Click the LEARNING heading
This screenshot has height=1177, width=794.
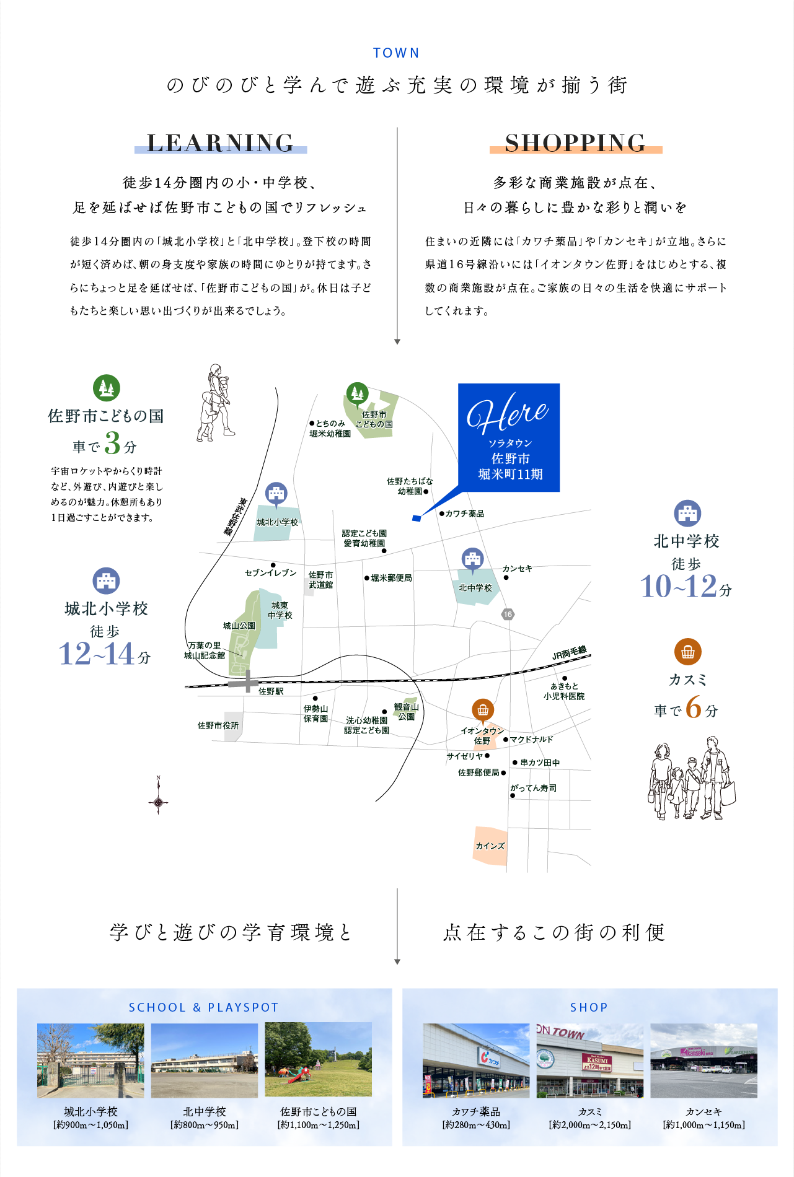pyautogui.click(x=221, y=143)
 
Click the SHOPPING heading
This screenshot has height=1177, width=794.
pyautogui.click(x=575, y=143)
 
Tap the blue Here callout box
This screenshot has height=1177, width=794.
pyautogui.click(x=509, y=437)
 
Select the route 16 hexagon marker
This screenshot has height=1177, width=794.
pyautogui.click(x=508, y=615)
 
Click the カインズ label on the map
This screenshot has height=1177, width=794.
pyautogui.click(x=490, y=846)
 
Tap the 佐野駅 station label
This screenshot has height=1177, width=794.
pyautogui.click(x=271, y=691)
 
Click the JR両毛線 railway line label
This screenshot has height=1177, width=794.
pyautogui.click(x=569, y=653)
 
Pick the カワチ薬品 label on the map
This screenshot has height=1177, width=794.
pyautogui.click(x=465, y=514)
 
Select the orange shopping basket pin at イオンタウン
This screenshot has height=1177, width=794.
pyautogui.click(x=483, y=710)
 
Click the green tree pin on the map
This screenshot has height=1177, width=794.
pyautogui.click(x=356, y=393)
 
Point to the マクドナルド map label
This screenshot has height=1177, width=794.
pyautogui.click(x=531, y=740)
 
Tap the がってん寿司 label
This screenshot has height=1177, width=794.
pyautogui.click(x=534, y=788)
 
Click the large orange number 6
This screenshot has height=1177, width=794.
pyautogui.click(x=694, y=707)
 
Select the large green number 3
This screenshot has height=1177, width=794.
pyautogui.click(x=112, y=443)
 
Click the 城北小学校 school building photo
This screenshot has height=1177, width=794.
pyautogui.click(x=90, y=1061)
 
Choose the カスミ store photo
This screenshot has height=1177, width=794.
pyautogui.click(x=589, y=1061)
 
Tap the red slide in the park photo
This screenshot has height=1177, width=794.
pyautogui.click(x=299, y=1075)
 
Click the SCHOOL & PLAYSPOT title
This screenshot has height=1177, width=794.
pyautogui.click(x=204, y=1008)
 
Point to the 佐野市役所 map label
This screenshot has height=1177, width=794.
pyautogui.click(x=218, y=725)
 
